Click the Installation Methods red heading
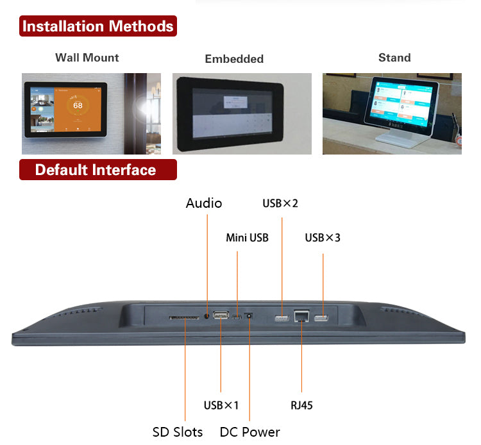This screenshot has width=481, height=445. click(97, 26)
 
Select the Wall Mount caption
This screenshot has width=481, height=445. click(87, 58)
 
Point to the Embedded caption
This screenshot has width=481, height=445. click(234, 59)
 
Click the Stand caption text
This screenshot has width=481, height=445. click(394, 58)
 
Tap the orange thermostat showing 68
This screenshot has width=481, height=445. click(78, 105)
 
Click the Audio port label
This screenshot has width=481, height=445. click(204, 203)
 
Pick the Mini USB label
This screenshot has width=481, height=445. click(247, 238)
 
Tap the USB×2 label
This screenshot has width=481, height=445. click(280, 203)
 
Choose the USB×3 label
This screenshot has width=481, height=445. click(323, 238)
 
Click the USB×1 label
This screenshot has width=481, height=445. click(221, 405)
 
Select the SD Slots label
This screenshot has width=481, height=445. click(178, 432)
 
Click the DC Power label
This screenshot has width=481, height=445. click(249, 432)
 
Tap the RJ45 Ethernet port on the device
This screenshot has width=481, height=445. click(301, 315)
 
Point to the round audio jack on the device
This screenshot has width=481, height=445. click(207, 315)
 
